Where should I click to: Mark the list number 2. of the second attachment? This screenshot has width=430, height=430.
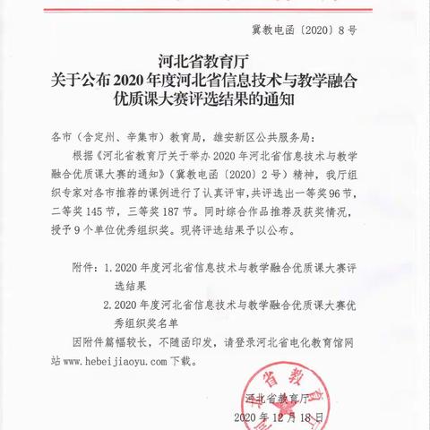pyautogui.click(x=108, y=304)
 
